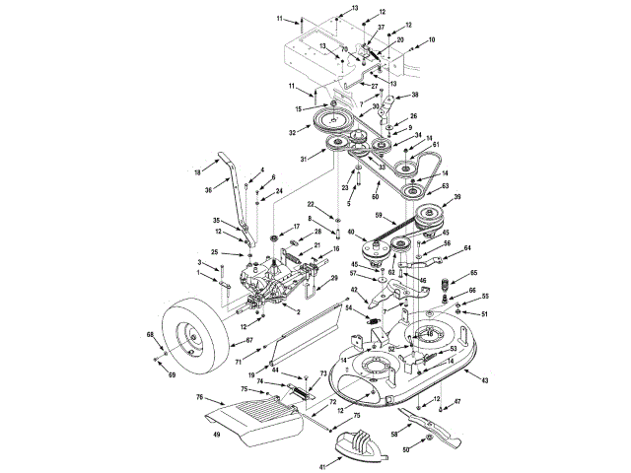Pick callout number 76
199,397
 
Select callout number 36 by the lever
208,190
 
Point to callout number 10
431,40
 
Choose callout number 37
382,28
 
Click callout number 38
414,95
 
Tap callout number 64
467,248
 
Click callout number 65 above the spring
473,273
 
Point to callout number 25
214,253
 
